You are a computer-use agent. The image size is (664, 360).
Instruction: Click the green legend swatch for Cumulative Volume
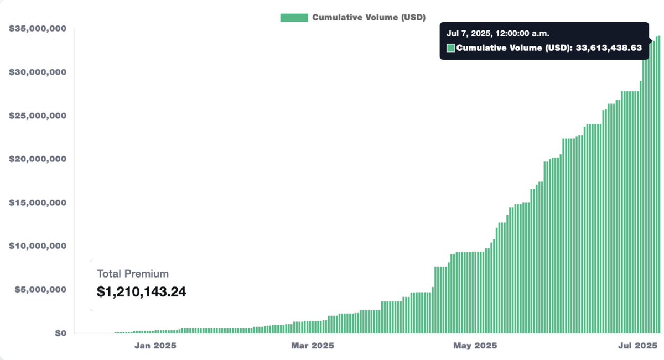pos(294,17)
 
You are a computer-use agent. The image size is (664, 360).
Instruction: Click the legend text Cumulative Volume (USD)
pos(369,17)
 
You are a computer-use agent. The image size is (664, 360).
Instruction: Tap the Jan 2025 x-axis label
pos(155,346)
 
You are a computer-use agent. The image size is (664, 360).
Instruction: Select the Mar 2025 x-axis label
pos(313,346)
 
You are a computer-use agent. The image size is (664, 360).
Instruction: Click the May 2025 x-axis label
pos(475,346)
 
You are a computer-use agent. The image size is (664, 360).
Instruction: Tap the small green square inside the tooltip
pos(450,48)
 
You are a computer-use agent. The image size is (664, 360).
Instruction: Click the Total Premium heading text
pos(133,274)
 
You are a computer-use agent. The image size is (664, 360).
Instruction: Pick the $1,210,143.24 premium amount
pos(142,291)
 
